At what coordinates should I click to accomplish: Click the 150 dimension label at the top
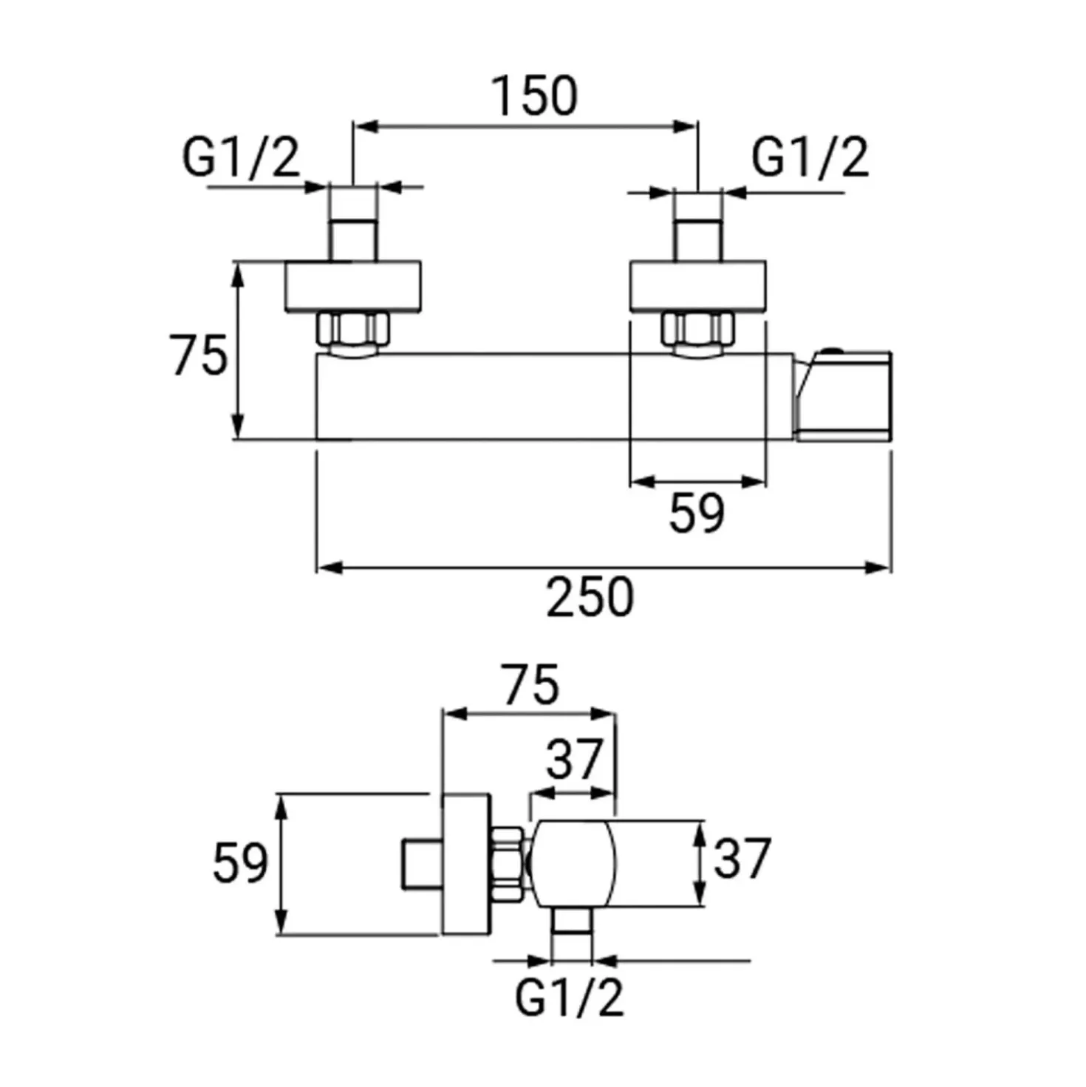pos(536,97)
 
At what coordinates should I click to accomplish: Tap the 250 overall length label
pos(590,596)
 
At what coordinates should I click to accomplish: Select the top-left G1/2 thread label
pos(241,157)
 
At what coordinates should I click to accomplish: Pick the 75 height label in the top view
pos(199,355)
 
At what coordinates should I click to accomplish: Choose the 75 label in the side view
pos(531,685)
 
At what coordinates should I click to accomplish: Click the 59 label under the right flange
pos(697,513)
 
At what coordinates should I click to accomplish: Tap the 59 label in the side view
pos(240,863)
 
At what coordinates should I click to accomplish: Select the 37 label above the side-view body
pos(575,759)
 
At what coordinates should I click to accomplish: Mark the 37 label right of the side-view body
pos(742,858)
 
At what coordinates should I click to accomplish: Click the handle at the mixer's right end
pos(843,395)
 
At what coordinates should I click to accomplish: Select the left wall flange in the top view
pos(352,286)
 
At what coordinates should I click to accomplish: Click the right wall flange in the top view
pos(698,286)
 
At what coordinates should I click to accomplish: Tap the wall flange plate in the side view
pos(467,864)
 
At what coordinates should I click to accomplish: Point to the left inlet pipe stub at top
pos(353,240)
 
